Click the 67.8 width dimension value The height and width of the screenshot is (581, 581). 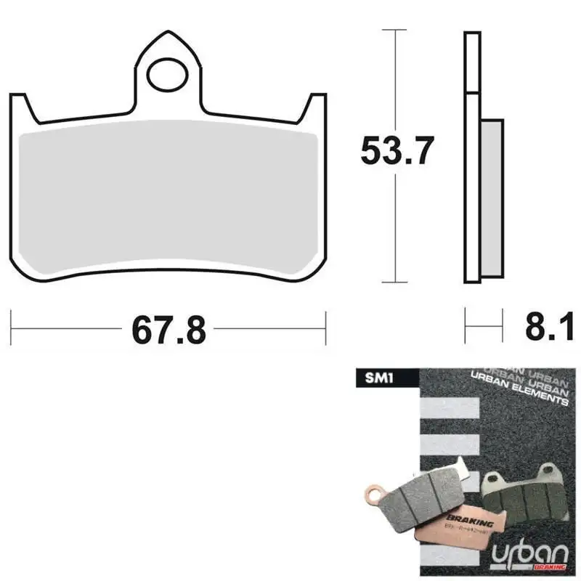point(168,330)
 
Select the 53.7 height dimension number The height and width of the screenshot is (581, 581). point(397,152)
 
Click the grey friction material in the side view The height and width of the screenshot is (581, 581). point(492,198)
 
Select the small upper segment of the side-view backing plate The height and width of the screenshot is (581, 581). point(472,63)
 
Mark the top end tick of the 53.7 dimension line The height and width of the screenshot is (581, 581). point(394,31)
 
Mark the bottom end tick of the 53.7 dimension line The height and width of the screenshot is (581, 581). point(394,282)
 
